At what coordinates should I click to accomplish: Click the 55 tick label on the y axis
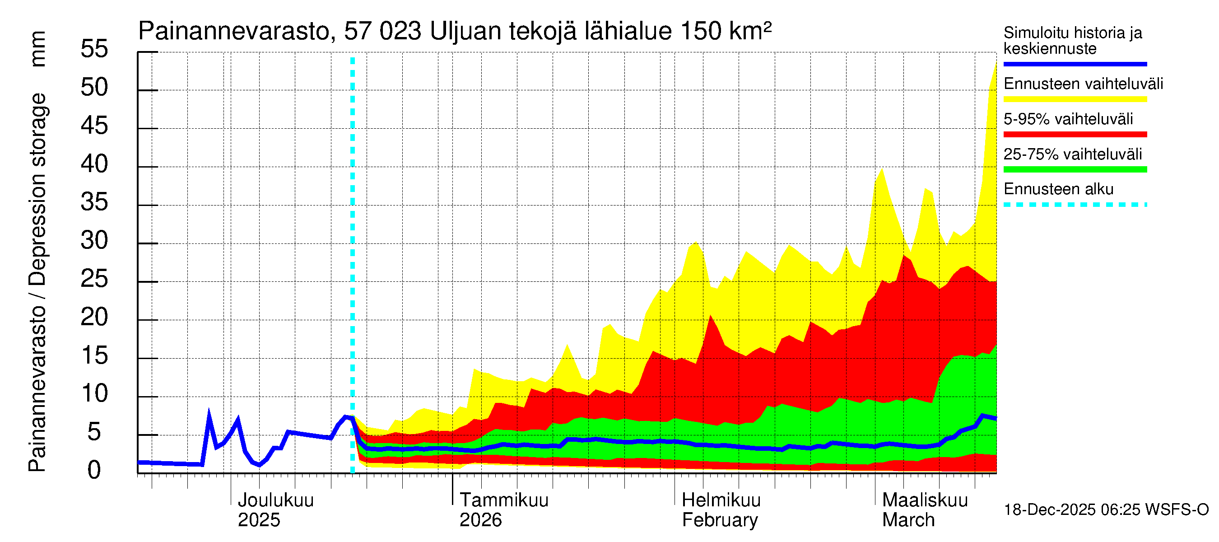94,49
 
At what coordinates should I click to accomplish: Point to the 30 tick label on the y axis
94,241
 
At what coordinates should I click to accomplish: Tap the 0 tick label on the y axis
94,471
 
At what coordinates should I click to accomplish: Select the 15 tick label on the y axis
94,356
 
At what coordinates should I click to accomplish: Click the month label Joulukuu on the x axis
275,500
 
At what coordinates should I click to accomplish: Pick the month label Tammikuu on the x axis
504,500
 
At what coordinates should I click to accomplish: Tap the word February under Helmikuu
720,520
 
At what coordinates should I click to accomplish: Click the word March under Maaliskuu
908,520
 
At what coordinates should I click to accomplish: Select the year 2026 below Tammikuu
480,520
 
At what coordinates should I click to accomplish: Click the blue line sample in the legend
1075,64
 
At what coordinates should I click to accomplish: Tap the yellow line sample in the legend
1075,99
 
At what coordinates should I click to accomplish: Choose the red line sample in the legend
1075,135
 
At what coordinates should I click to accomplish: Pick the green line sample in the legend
1075,169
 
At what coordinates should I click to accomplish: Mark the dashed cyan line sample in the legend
1075,205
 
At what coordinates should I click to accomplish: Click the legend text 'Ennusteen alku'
1058,189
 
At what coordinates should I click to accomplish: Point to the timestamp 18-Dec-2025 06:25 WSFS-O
1106,510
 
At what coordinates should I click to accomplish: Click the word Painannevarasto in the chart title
234,32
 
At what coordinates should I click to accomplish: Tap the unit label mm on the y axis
37,49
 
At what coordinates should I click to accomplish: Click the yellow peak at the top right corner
996,64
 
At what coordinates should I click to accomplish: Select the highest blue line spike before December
209,413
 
